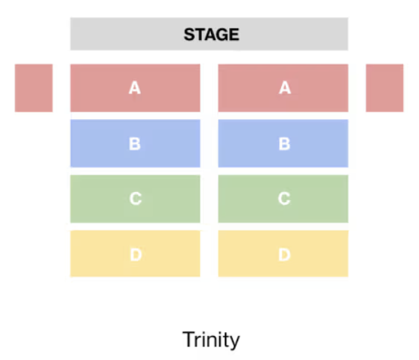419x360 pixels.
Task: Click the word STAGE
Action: [211, 35]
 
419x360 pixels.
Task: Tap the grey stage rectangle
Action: [209, 34]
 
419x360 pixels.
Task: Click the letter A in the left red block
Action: [135, 87]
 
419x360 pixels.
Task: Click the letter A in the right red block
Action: [285, 87]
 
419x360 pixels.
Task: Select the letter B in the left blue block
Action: [135, 144]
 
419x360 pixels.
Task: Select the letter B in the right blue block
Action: [284, 144]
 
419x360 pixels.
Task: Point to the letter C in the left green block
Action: [136, 199]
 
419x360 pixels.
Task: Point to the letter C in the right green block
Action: [284, 199]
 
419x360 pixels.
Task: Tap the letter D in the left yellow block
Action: [136, 255]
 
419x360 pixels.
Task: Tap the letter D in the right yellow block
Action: [284, 255]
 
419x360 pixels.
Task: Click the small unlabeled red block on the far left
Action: [34, 88]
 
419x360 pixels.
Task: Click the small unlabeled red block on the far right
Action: [384, 88]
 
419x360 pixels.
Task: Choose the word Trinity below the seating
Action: [211, 340]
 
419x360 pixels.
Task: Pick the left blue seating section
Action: [135, 143]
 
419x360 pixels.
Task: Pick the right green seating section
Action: [283, 199]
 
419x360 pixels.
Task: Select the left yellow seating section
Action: [135, 254]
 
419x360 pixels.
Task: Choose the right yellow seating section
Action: [283, 254]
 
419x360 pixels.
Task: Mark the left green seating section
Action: [135, 199]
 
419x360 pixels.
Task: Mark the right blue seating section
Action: [283, 143]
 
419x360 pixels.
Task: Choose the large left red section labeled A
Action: [135, 88]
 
